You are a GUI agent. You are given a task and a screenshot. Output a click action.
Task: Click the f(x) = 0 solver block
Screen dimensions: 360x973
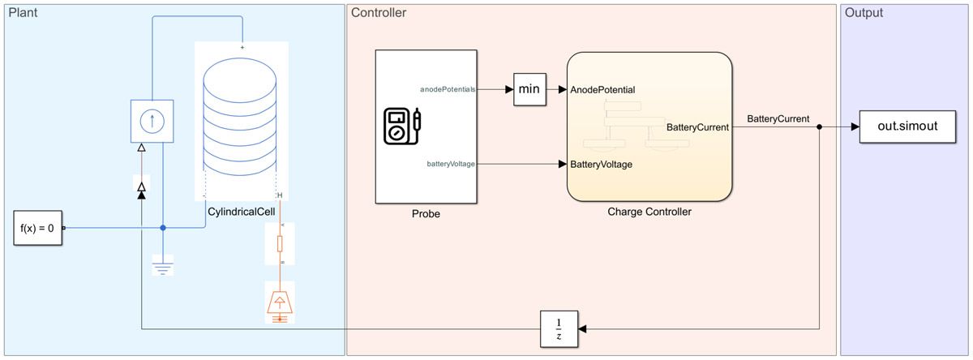(37, 228)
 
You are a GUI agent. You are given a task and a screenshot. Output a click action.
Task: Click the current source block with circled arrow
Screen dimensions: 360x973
(152, 120)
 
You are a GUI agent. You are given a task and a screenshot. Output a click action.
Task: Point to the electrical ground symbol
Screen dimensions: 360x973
(163, 265)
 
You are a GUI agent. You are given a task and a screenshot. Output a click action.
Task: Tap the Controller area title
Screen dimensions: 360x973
(379, 13)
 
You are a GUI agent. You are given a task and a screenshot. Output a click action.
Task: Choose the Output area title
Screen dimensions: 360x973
(864, 13)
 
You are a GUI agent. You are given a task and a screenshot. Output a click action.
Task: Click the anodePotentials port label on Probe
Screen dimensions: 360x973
(447, 88)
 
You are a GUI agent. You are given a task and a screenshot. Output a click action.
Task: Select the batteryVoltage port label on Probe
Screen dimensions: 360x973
(451, 164)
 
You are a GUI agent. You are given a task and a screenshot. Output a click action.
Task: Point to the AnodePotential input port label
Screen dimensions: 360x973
(602, 89)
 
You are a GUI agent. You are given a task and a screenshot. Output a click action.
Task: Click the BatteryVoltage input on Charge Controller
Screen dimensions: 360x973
(601, 165)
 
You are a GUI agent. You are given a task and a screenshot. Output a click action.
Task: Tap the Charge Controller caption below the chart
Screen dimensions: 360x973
(649, 212)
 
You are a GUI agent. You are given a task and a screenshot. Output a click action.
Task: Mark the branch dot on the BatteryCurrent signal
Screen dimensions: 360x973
(820, 127)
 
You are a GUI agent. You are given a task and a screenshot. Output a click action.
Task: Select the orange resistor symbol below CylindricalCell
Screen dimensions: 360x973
(281, 243)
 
